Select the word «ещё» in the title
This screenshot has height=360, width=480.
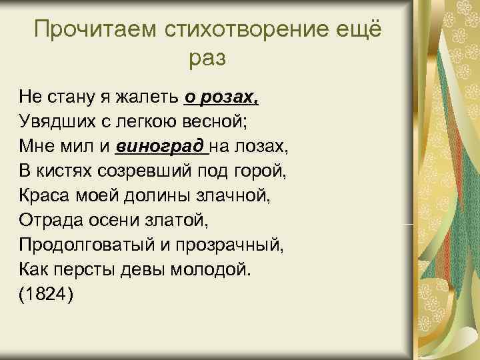click(x=360, y=29)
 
